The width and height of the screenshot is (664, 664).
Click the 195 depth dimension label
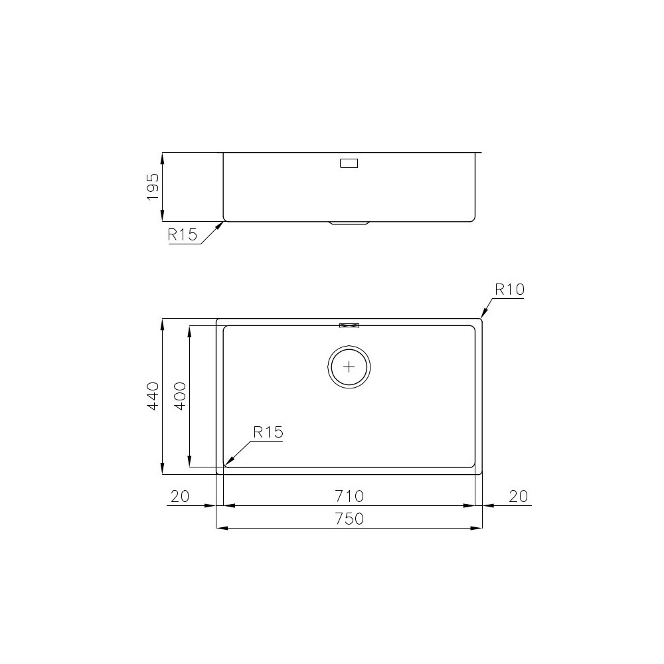[x=153, y=187]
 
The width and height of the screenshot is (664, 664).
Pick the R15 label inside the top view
[x=268, y=432]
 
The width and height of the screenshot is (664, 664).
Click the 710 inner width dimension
[x=349, y=495]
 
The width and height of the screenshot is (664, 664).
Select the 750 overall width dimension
[x=349, y=519]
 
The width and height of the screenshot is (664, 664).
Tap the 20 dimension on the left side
[x=180, y=495]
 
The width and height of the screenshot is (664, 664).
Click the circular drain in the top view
[x=349, y=367]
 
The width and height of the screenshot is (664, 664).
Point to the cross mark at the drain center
[x=349, y=367]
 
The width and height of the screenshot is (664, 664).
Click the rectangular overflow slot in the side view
[x=349, y=163]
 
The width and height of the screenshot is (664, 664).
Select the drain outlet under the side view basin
[x=349, y=224]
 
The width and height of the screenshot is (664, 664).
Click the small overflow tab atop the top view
[x=349, y=325]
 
